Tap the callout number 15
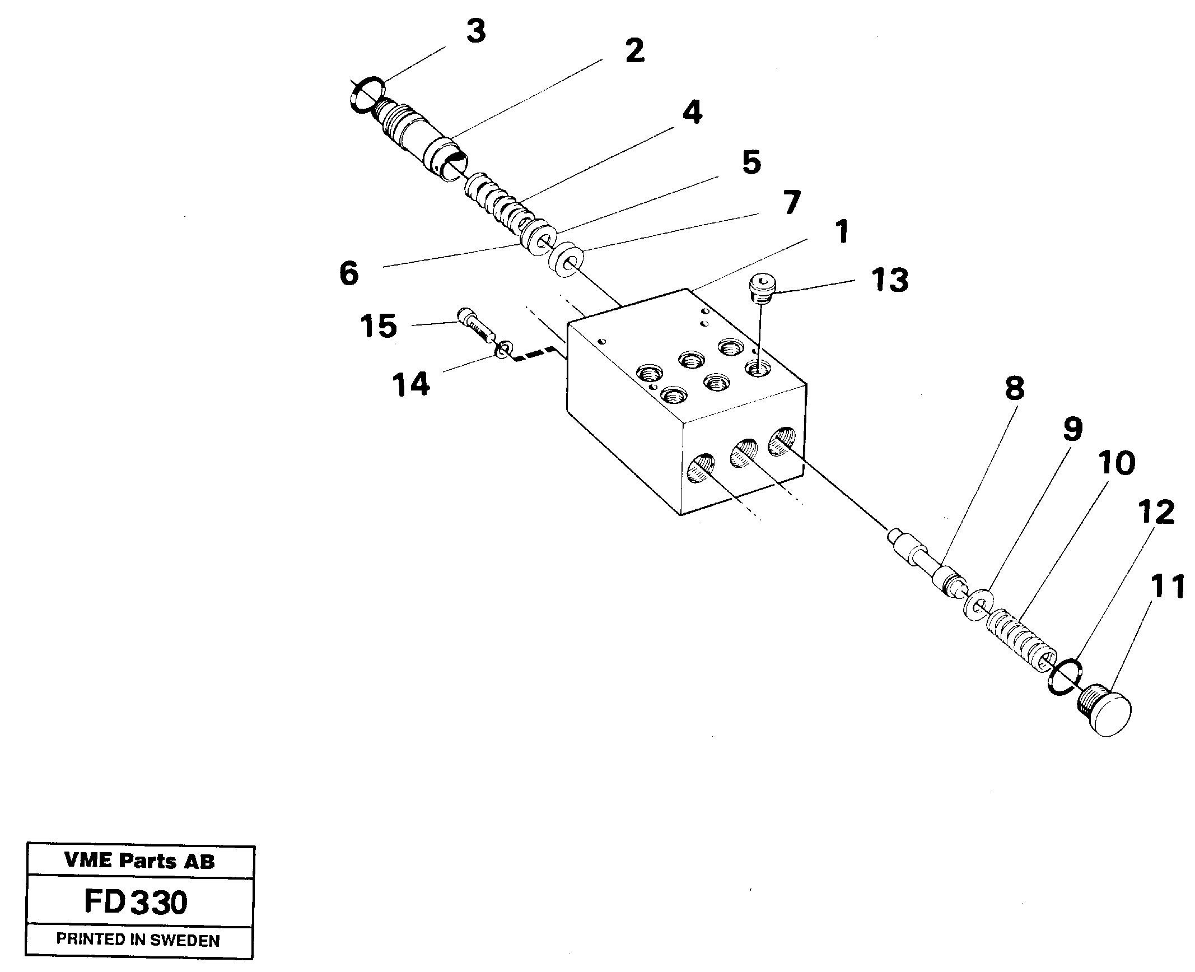[379, 326]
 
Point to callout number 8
[1014, 389]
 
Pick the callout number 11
[1167, 587]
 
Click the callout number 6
[348, 274]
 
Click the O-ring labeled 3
[368, 94]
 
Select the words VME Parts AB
[139, 861]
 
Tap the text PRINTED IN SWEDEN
[138, 940]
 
